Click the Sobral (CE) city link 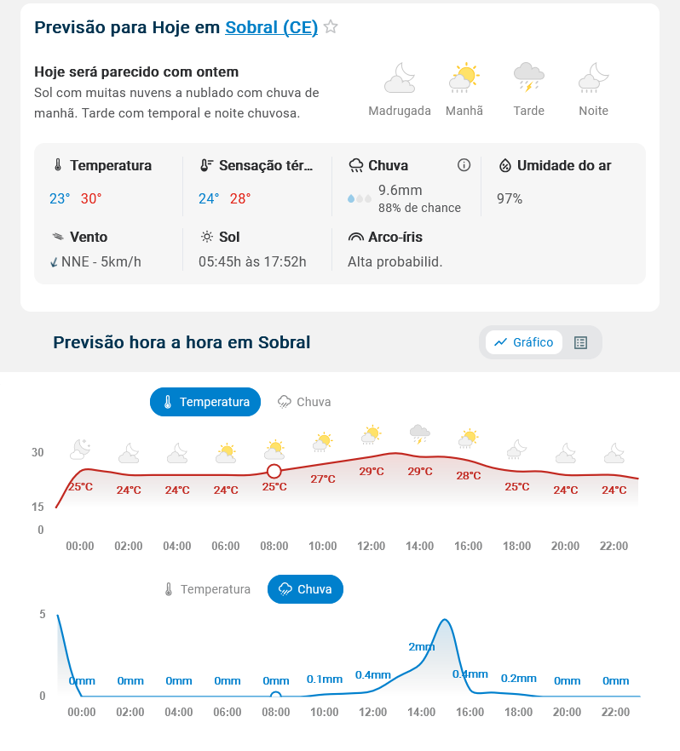coord(271,27)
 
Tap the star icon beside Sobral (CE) coord(331,27)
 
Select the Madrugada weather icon coord(400,78)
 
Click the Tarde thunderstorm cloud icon coord(528,77)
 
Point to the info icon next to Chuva coord(464,165)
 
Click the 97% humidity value coord(510,198)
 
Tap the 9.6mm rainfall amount coord(401,190)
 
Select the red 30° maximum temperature coord(91,198)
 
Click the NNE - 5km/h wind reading coord(101,261)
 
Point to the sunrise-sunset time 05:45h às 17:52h coord(252,261)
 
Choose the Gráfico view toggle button coord(524,342)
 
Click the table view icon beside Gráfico coord(581,342)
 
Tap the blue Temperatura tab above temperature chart coord(205,402)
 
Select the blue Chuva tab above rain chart coord(305,589)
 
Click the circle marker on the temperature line coord(274,471)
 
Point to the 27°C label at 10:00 coord(323,479)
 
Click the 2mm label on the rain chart coord(421,646)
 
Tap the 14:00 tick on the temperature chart coord(420,546)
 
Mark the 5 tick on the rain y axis coord(42,614)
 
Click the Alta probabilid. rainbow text coord(395,261)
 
